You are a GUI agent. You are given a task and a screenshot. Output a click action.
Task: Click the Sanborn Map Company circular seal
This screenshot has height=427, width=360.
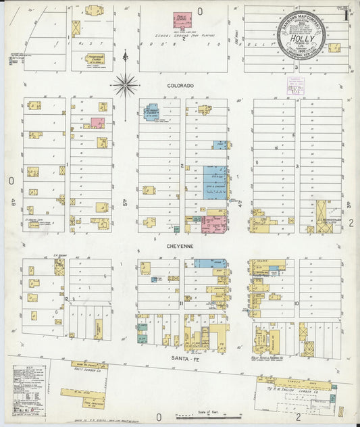coord(301,36)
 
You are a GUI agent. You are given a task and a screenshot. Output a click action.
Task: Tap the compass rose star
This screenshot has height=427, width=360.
coord(125,85)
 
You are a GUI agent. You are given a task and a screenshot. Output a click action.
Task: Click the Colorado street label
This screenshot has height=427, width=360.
coord(180,86)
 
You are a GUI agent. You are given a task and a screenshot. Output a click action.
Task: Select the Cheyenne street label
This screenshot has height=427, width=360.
coord(180,247)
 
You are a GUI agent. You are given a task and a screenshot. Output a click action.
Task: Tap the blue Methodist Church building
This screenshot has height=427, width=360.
coord(152,111)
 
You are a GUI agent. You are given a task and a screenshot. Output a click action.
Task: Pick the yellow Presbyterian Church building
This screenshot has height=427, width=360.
coord(95,59)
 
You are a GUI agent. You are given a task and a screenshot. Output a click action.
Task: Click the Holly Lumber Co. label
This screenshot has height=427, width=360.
coord(89,371)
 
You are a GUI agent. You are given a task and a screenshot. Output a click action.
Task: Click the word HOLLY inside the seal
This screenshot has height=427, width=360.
coord(301,41)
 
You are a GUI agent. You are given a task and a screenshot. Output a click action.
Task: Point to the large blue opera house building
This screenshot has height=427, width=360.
coord(215,182)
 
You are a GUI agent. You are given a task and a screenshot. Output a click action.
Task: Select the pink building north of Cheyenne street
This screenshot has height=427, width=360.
coord(214,224)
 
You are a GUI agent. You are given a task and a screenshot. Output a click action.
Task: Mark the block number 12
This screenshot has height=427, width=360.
coord(66,298)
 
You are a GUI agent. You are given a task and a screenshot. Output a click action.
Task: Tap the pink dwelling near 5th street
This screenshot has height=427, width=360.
coord(97,123)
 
